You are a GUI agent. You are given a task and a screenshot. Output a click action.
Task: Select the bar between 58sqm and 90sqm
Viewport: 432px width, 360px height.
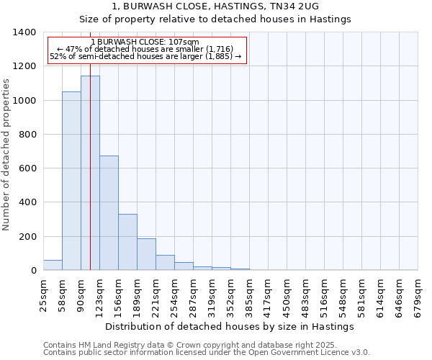[71, 181]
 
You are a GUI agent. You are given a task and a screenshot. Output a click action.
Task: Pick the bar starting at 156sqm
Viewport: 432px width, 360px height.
[127, 242]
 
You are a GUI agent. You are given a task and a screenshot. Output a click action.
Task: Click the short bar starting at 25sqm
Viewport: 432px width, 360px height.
[53, 265]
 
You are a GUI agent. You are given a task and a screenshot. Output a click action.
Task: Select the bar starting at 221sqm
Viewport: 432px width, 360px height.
[165, 263]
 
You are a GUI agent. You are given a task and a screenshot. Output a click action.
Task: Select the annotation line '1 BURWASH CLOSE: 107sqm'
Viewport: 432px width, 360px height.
[145, 42]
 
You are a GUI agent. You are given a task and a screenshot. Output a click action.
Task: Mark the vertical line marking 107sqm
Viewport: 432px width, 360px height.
[90, 180]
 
